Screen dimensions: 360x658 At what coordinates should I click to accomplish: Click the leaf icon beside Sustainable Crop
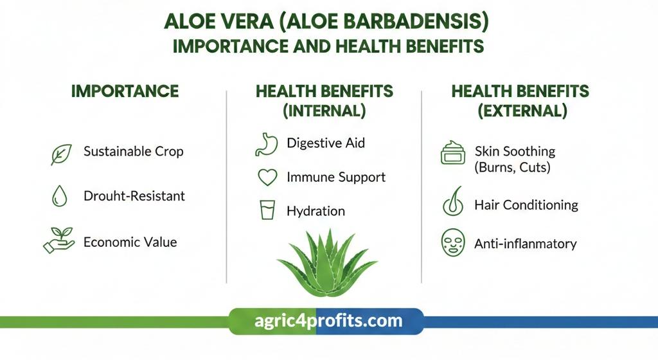tap(62, 154)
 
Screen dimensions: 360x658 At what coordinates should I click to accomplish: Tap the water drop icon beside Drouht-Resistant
tap(59, 196)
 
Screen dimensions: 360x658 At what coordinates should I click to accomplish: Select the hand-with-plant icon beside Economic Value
tap(58, 239)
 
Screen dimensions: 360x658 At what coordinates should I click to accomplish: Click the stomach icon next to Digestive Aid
tap(266, 144)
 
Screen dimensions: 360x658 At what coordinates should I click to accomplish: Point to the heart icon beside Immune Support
tap(267, 177)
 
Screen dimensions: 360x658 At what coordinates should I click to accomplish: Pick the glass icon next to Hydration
tap(267, 210)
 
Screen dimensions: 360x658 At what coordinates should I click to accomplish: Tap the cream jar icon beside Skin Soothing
tap(452, 155)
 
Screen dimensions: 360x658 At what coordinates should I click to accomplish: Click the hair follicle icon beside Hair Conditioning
tap(452, 204)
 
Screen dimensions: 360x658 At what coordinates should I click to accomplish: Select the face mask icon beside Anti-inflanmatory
tap(452, 244)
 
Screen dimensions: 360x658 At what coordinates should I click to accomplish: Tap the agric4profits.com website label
tap(326, 320)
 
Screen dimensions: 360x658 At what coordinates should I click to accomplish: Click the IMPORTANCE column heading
tap(125, 91)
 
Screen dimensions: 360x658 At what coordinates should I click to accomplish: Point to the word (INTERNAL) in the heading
tap(325, 111)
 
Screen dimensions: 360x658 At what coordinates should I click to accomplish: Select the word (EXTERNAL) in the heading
tap(522, 111)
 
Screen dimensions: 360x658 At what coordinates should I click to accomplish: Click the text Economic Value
tap(130, 242)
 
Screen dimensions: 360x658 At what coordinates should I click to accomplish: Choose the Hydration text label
tap(316, 211)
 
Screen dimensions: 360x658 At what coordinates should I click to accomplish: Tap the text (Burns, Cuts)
tap(512, 168)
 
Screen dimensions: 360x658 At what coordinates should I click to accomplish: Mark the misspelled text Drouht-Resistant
tap(134, 195)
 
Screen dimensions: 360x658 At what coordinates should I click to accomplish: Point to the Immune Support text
tap(336, 177)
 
